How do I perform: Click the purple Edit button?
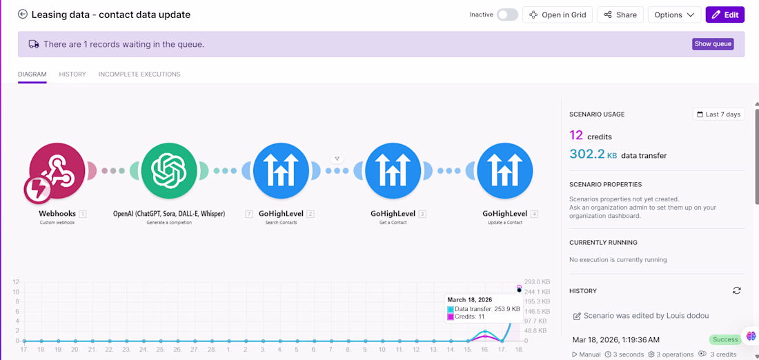point(725,14)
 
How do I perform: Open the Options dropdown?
point(674,14)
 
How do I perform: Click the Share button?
point(620,14)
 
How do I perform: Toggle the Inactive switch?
point(507,14)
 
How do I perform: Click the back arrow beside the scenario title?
point(23,14)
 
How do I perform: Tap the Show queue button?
point(713,44)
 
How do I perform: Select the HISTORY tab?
point(72,74)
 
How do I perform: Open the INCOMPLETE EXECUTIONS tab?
point(139,74)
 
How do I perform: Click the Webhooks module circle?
point(57,171)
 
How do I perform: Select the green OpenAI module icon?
point(170,171)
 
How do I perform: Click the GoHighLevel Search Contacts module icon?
point(282,171)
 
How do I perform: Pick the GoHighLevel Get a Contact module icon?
point(393,171)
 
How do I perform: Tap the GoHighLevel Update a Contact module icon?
point(505,171)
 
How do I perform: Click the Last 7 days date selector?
point(719,114)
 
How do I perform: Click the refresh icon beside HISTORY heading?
point(737,290)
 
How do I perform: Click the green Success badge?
point(724,340)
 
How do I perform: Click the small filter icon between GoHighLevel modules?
point(337,159)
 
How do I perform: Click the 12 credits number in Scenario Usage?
point(576,136)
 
